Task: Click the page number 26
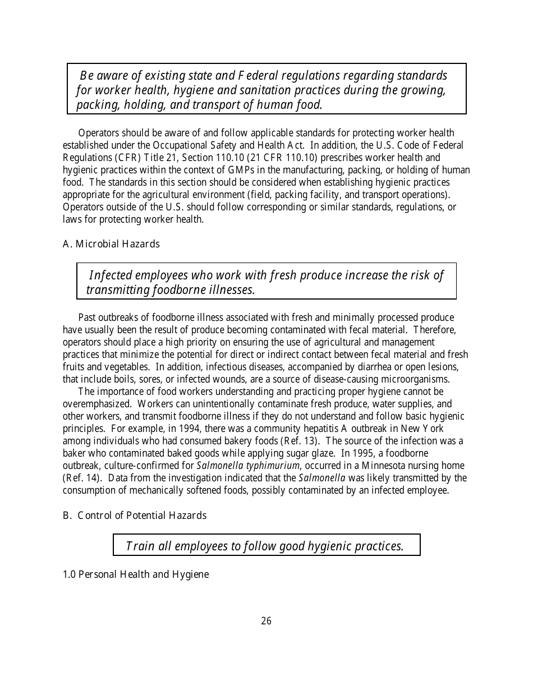coord(266,620)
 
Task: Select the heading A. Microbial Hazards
coord(111,244)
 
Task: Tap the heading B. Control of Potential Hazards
coord(134,516)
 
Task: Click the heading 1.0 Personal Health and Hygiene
coord(135,574)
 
